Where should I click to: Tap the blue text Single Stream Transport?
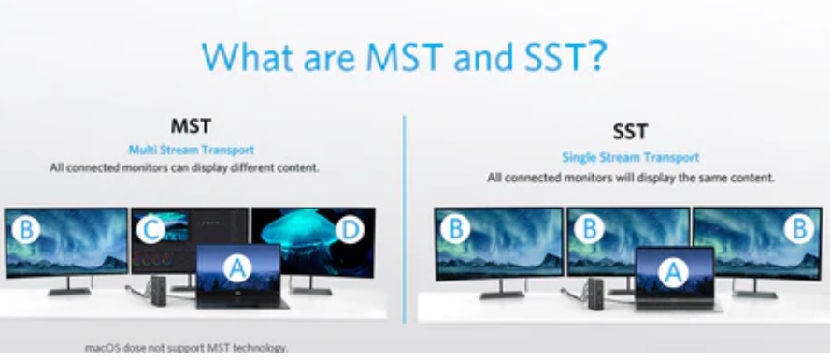coord(630,158)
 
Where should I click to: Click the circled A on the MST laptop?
coord(239,268)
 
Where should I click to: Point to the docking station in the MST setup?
coord(154,286)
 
